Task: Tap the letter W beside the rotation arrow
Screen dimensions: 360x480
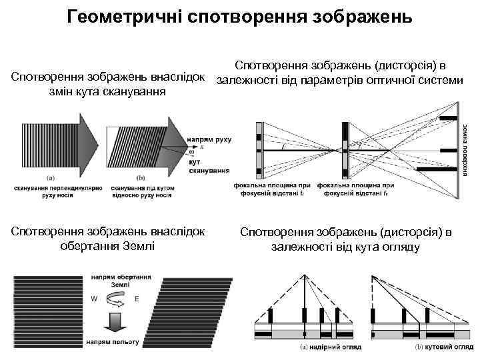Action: [x=94, y=299]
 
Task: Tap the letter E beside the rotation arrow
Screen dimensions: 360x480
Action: [x=137, y=299]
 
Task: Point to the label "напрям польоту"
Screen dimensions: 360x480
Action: [x=112, y=341]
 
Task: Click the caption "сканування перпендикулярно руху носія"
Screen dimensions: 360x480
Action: [x=57, y=191]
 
